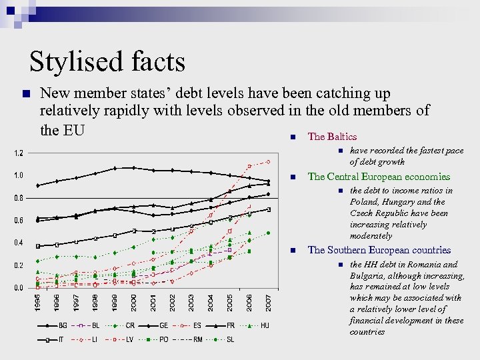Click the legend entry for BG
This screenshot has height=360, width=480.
(63, 326)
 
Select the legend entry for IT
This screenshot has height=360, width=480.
(63, 339)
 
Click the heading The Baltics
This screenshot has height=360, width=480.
(332, 137)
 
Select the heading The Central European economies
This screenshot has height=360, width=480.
(379, 177)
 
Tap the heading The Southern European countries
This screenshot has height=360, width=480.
(379, 251)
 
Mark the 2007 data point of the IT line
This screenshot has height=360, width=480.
(269, 209)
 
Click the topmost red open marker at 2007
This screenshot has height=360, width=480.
(269, 161)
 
